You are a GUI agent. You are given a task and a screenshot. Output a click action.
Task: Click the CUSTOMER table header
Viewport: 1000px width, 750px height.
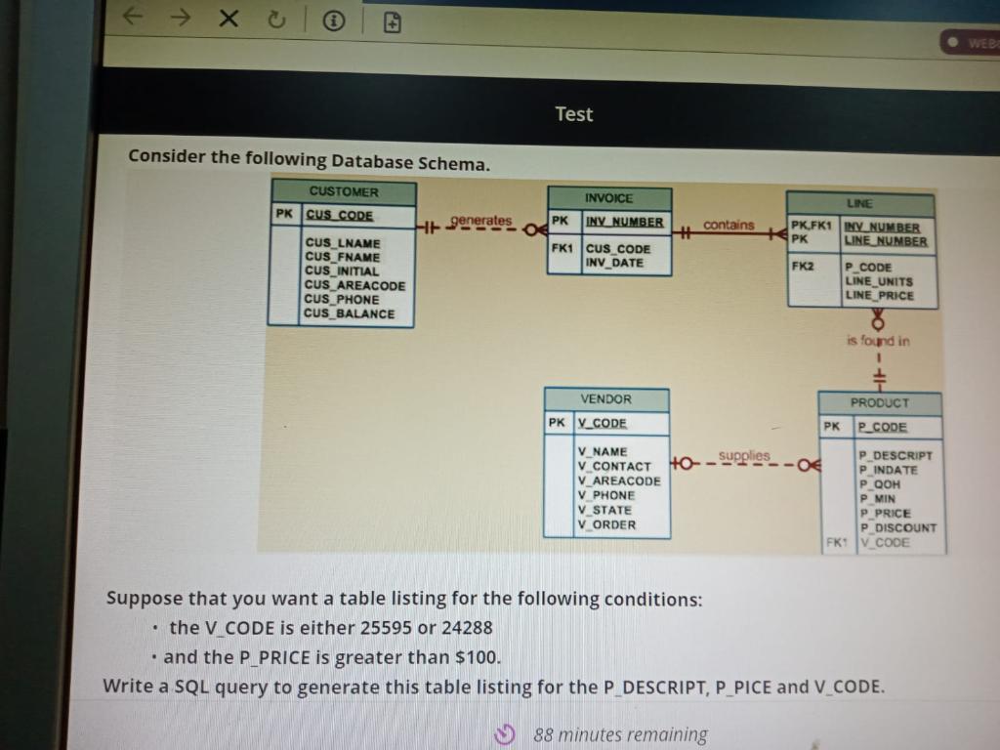[x=344, y=191]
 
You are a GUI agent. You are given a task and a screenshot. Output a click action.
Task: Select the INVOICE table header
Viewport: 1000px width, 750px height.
[x=608, y=197]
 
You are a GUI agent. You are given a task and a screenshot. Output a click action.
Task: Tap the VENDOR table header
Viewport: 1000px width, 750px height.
[x=605, y=399]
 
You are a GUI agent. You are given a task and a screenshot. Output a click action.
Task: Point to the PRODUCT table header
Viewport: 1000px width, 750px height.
[x=879, y=402]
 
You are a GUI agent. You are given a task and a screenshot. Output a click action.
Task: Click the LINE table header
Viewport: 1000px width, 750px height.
[x=859, y=203]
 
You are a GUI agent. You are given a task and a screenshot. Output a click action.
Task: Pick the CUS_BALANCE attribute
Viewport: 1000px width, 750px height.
[x=350, y=313]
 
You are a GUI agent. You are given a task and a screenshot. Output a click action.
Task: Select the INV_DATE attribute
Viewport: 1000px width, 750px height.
[x=614, y=263]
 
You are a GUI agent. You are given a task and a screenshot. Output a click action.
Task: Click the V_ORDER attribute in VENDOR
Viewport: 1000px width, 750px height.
[x=606, y=524]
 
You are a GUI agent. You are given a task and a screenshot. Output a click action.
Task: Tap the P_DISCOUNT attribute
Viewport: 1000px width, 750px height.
[x=897, y=527]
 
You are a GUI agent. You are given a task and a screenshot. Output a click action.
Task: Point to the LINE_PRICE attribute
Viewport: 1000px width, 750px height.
[x=879, y=295]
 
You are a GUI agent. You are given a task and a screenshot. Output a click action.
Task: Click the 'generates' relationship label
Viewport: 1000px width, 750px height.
[x=480, y=221]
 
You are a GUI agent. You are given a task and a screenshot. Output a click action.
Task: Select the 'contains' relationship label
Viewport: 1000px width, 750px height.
[x=729, y=225]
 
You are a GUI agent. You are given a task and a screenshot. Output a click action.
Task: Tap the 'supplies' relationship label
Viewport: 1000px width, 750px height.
[x=744, y=455]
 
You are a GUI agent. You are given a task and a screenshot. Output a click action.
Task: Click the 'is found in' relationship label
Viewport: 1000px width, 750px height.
[x=878, y=341]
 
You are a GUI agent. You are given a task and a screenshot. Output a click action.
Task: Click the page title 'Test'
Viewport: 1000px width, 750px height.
[x=573, y=114]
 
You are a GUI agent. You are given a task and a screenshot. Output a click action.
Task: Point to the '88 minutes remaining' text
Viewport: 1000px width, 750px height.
[x=620, y=734]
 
